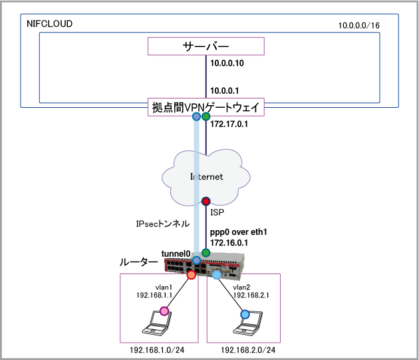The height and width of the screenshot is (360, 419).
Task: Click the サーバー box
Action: (x=206, y=47)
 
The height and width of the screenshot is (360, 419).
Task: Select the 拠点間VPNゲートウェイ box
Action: (x=206, y=107)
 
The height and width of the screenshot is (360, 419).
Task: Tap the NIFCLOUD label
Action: (x=49, y=24)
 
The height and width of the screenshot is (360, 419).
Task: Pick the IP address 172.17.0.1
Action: (x=229, y=124)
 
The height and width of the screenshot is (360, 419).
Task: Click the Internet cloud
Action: (x=206, y=177)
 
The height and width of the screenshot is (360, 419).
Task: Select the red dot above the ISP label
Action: (x=206, y=200)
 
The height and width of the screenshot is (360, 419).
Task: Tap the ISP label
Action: (x=217, y=214)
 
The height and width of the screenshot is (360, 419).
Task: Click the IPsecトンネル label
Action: (x=160, y=224)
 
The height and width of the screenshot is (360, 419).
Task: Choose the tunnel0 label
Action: (x=176, y=254)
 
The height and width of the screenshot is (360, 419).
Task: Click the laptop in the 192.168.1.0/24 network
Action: (x=157, y=328)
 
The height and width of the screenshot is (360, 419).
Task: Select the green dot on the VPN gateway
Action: (x=206, y=117)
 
